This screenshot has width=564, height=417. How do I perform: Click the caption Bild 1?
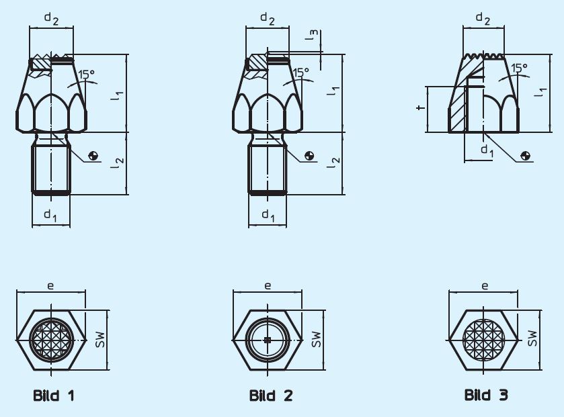(54, 396)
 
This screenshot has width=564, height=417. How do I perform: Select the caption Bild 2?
(271, 396)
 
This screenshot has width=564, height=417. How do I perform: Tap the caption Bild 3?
(486, 395)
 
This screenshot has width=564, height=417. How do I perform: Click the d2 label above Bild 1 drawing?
(51, 19)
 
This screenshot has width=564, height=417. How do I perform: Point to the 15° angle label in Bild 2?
(301, 73)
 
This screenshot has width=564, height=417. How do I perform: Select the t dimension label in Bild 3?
(420, 107)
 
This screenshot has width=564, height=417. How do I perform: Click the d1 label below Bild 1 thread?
(50, 216)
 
